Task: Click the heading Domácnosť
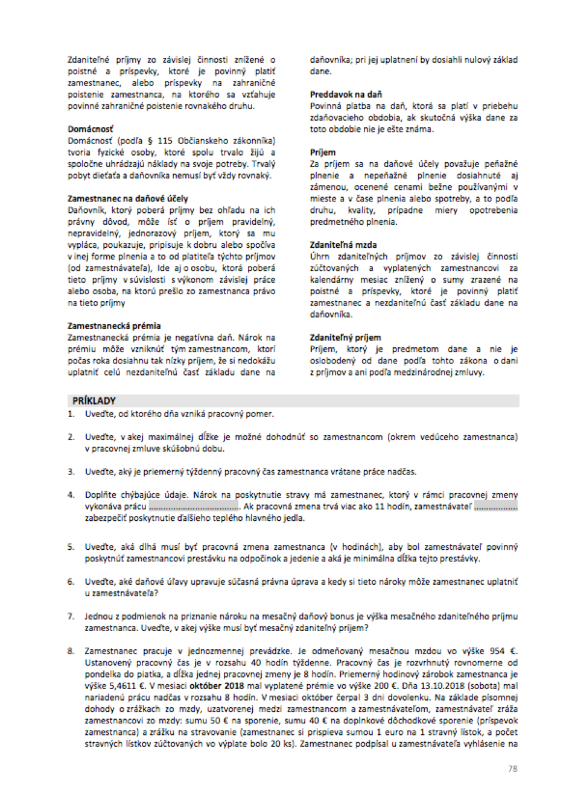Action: point(90,129)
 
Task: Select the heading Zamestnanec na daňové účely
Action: point(127,198)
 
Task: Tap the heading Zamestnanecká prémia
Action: point(114,326)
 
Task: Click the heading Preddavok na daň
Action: point(346,95)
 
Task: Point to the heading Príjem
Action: point(323,153)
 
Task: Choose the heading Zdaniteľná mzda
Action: point(343,245)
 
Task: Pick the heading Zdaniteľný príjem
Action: point(345,338)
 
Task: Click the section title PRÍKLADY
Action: point(94,401)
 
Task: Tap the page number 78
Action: point(512,769)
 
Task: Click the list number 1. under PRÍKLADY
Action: point(71,414)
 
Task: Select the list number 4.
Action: point(71,495)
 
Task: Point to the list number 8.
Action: point(71,651)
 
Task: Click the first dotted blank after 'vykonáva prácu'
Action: point(194,507)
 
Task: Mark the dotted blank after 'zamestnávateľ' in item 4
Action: point(495,507)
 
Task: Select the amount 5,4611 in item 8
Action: point(123,686)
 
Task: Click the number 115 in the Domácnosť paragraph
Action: point(165,141)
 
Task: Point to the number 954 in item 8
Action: point(497,651)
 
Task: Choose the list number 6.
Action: point(71,582)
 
